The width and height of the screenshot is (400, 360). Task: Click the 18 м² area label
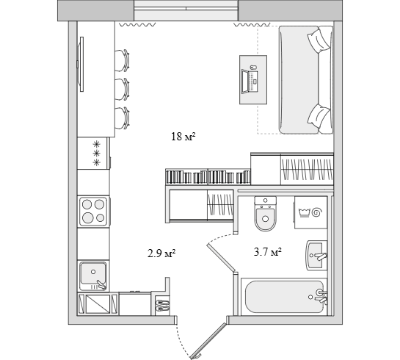(183, 137)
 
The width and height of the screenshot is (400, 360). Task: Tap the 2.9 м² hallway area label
(161, 253)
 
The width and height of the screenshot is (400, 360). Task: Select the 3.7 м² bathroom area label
(268, 252)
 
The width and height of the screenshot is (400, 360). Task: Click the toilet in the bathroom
(265, 214)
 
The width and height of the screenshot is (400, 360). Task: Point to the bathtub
(284, 297)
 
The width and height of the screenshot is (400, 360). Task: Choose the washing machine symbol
(310, 212)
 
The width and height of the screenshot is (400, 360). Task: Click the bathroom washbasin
(316, 256)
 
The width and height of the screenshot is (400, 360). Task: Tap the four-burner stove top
(93, 211)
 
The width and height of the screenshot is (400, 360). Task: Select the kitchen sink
(93, 276)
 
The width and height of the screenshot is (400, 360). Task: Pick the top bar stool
(122, 60)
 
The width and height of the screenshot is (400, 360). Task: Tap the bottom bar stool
(122, 118)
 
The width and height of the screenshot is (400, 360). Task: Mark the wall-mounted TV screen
(81, 64)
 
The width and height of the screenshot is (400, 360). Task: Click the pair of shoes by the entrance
(162, 306)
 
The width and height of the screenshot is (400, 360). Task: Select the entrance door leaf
(209, 341)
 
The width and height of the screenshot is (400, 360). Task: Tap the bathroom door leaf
(221, 257)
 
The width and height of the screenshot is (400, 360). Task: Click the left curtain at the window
(138, 24)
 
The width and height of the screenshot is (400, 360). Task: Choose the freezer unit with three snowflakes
(94, 153)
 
